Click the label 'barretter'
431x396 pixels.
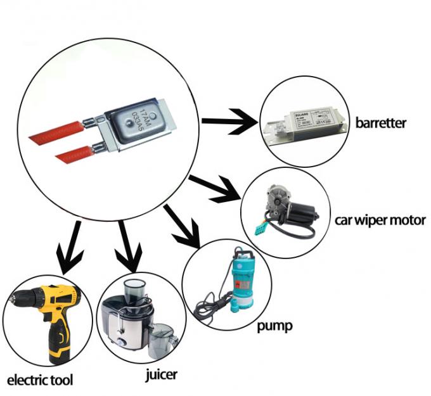[x=380, y=122]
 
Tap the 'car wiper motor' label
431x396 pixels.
[x=380, y=221]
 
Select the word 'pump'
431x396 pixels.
[x=274, y=327]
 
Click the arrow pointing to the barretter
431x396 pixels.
[x=228, y=121]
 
